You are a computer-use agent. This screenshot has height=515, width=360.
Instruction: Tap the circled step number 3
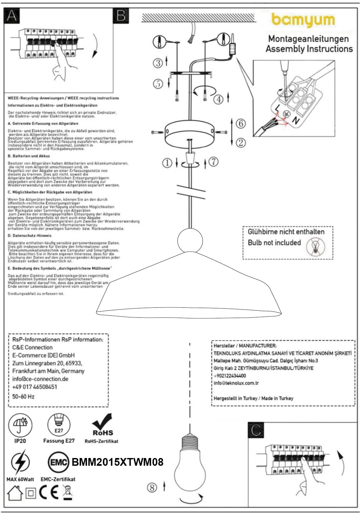(158, 63)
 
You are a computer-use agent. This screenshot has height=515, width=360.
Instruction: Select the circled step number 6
(241, 124)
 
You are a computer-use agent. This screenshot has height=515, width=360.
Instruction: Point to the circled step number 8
(152, 488)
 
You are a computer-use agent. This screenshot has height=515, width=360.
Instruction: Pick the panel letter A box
(11, 15)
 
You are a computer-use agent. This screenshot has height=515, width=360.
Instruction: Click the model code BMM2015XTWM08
(118, 462)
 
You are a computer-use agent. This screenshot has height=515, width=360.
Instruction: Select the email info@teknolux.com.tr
(236, 383)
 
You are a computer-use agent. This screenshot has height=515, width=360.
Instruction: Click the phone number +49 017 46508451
(34, 387)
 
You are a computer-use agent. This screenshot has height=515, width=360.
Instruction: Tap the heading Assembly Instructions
(309, 49)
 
